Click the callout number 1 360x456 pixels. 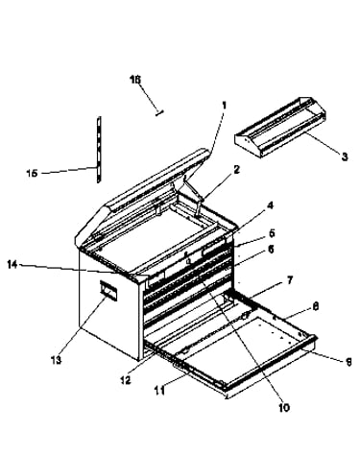tap(224, 106)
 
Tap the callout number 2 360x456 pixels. tap(236, 170)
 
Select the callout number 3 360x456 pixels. tap(345, 156)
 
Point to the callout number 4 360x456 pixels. tap(271, 205)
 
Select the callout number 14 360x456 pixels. tap(12, 265)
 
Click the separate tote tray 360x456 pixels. tap(280, 127)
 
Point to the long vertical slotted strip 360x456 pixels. tap(99, 150)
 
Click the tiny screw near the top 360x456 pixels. tap(159, 112)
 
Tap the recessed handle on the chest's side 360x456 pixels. tap(108, 290)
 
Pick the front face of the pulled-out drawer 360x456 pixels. tap(270, 364)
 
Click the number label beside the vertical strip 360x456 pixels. tap(32, 173)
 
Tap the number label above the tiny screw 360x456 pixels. tap(135, 80)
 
